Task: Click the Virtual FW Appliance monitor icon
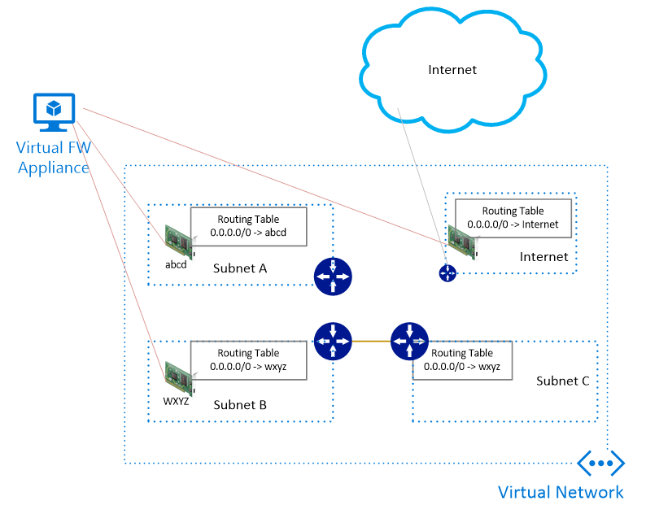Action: pos(54,112)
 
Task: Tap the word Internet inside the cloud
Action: pos(452,70)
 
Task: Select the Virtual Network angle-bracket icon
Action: pos(601,463)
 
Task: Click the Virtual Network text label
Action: pos(561,492)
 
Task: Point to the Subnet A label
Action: pos(240,268)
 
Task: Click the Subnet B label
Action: pos(240,405)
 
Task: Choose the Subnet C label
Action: pos(562,381)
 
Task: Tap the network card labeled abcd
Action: pos(179,242)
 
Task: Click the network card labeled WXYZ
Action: pos(179,378)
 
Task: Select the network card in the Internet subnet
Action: pos(462,242)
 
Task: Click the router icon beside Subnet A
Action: pos(333,277)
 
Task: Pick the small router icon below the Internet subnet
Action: pos(447,273)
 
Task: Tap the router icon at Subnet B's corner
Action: pos(333,341)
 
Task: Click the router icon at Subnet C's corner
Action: pos(409,341)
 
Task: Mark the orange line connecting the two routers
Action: pos(371,341)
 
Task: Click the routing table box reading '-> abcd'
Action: pos(248,227)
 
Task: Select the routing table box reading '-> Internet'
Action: pos(513,218)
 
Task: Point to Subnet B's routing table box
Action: pos(248,360)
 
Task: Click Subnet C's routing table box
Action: pos(462,360)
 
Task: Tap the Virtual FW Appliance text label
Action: pos(54,158)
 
